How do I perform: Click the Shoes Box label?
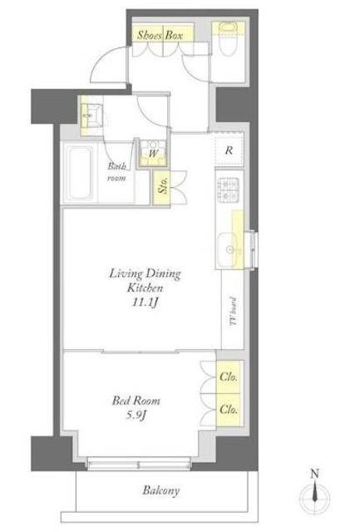coord(160,36)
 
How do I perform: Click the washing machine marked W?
coord(153,152)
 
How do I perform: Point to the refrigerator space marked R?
coord(229,150)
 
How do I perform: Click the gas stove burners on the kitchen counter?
coord(228,190)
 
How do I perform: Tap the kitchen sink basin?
coord(228,249)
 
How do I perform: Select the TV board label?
coord(233,312)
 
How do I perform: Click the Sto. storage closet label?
coord(162,188)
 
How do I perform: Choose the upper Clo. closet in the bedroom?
coord(229,377)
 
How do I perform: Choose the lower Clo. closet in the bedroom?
coord(229,410)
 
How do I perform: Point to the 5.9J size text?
coord(136,415)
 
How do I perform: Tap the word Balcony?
coord(160,490)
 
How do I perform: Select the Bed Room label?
coord(136,401)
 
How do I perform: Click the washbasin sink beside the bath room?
coord(91,116)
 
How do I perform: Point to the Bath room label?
coord(116,172)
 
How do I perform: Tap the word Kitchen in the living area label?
coord(145,288)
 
